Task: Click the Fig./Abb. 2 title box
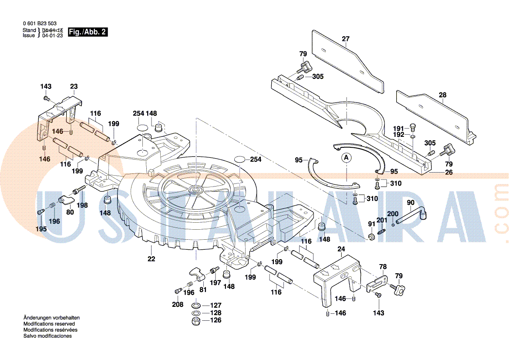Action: click(88, 32)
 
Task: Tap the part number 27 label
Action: click(345, 39)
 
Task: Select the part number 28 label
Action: click(442, 95)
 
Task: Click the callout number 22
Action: click(151, 259)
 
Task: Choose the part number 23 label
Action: click(74, 86)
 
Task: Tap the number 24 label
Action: click(341, 249)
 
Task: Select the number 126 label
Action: click(216, 320)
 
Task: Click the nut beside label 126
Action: click(196, 322)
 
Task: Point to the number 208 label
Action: click(178, 305)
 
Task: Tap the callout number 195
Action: click(41, 229)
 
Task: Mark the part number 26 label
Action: click(449, 172)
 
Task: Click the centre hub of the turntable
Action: click(194, 190)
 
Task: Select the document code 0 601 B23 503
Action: click(40, 24)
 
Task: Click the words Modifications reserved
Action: click(49, 324)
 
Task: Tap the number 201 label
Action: click(381, 220)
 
